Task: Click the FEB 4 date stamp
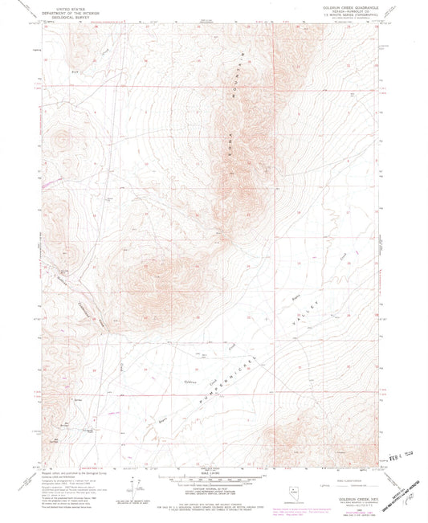(398, 454)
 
